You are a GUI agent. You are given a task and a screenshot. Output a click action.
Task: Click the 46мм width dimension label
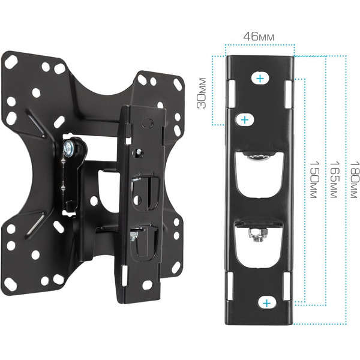coord(259,37)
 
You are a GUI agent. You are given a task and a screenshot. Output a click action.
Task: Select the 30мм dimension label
coord(202,93)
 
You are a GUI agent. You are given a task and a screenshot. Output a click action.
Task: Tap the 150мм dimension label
coord(314,180)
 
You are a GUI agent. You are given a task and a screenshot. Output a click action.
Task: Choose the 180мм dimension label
coord(354,180)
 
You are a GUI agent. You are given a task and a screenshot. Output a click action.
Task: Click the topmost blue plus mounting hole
coord(260,79)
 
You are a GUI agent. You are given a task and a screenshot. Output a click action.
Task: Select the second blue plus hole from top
coord(245,120)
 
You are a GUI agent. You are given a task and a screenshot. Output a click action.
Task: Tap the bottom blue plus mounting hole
coord(266,303)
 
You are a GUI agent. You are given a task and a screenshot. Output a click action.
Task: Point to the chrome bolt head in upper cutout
coord(259,158)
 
